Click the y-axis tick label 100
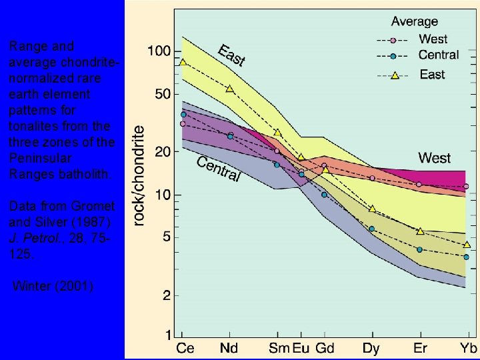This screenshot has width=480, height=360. click(x=159, y=51)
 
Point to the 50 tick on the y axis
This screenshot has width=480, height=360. click(x=162, y=95)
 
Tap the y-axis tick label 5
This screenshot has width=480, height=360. click(x=166, y=237)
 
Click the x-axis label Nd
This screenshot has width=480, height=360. click(x=229, y=348)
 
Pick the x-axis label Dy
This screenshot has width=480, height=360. click(x=372, y=348)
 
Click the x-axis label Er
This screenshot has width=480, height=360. click(x=419, y=348)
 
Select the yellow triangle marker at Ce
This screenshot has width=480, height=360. click(x=183, y=63)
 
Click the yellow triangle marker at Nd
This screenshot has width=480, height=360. click(x=229, y=89)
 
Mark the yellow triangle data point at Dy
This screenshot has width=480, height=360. click(x=372, y=209)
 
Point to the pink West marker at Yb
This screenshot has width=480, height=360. click(x=466, y=187)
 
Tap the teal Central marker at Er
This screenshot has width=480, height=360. click(x=419, y=249)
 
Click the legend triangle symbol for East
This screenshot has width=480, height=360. click(x=394, y=76)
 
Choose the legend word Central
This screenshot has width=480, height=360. click(x=438, y=55)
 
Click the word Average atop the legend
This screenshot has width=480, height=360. click(x=414, y=22)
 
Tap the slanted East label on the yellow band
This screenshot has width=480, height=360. click(x=232, y=55)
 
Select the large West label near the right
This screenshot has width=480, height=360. click(x=434, y=158)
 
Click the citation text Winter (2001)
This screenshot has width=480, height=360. click(x=54, y=287)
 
